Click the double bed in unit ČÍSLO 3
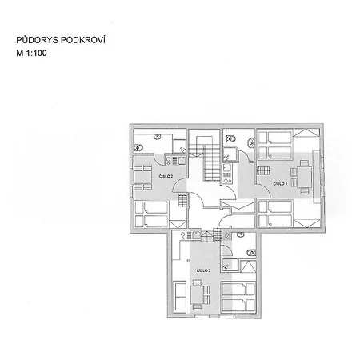[238, 297]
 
